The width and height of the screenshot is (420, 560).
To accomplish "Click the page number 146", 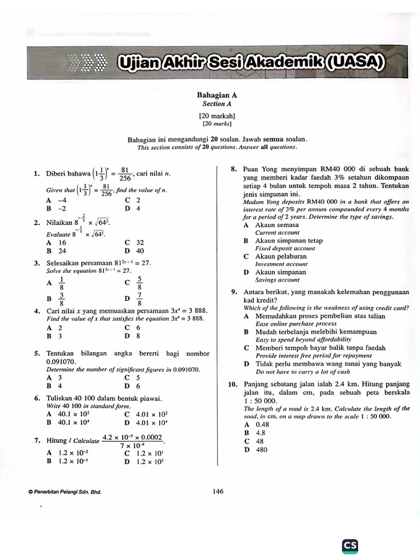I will [217, 491].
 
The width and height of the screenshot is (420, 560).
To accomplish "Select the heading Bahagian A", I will [217, 95].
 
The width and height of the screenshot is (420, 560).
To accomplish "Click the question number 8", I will [234, 170].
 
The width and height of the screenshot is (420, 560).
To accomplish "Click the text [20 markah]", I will [217, 116].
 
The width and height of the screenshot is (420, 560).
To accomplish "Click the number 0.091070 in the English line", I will [186, 370].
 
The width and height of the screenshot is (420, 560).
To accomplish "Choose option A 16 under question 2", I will [56, 242].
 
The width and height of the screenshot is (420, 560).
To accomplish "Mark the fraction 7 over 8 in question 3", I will [139, 299].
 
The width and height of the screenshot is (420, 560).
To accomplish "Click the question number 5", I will [36, 354].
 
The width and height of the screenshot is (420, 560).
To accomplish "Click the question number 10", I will [232, 384].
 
